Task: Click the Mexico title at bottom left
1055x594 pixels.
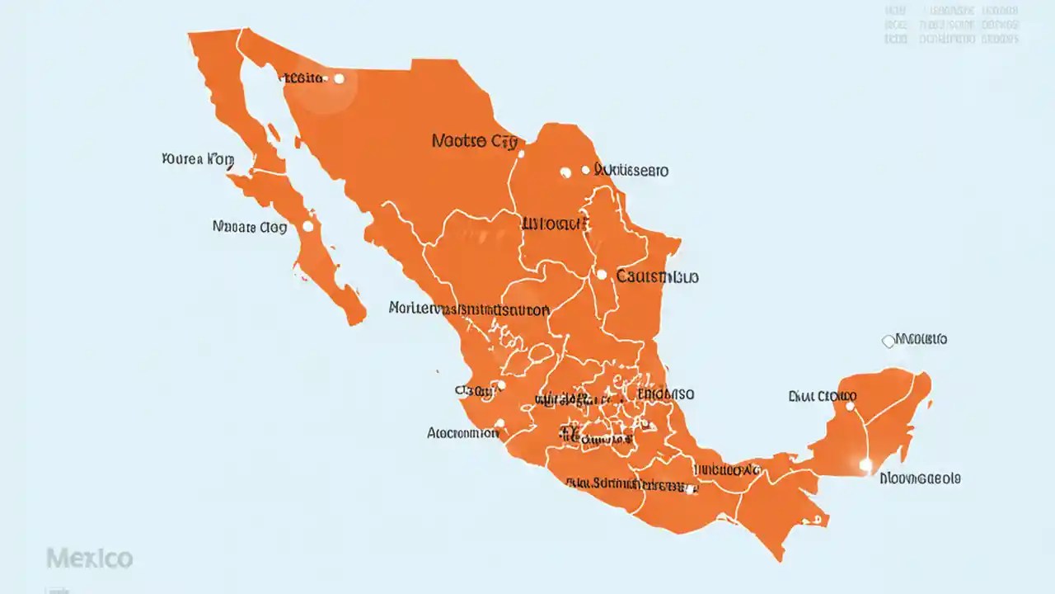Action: click(x=89, y=559)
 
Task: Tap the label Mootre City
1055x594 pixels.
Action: click(x=474, y=141)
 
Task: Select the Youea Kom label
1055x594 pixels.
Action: click(x=198, y=159)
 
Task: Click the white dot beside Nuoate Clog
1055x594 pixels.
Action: click(x=307, y=226)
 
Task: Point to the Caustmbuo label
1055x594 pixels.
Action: click(x=657, y=277)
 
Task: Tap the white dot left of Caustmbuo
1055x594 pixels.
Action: click(x=602, y=275)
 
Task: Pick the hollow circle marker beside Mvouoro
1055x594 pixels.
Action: click(x=888, y=341)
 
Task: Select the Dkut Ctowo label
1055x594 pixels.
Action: click(x=822, y=396)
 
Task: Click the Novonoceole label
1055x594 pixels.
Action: click(x=920, y=478)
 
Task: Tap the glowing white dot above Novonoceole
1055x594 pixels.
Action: click(x=865, y=465)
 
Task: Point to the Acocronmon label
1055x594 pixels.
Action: click(x=462, y=431)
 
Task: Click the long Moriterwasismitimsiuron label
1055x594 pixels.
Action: click(x=468, y=309)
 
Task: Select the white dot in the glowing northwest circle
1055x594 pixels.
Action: click(x=339, y=78)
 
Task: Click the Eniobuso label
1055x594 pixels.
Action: click(x=667, y=394)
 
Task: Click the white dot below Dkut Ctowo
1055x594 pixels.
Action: click(x=851, y=406)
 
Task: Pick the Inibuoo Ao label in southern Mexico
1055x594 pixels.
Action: click(x=726, y=469)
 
